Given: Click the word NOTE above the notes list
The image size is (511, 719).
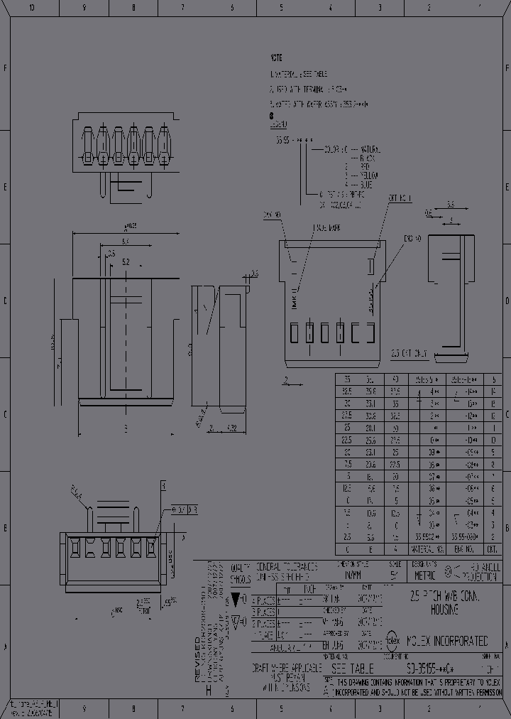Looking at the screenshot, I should (275, 57).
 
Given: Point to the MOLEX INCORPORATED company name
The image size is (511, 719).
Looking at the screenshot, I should (447, 641).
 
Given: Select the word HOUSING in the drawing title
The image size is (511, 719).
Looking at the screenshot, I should (444, 610).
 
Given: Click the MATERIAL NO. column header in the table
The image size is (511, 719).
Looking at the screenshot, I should (427, 549).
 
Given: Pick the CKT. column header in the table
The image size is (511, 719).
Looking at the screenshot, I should (493, 549).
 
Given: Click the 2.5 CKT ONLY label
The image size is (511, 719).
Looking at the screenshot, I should (410, 352).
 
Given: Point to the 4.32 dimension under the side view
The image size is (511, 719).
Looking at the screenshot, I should (231, 428).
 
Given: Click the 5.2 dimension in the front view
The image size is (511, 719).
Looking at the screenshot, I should (126, 262).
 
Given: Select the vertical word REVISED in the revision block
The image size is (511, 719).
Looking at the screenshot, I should (198, 660).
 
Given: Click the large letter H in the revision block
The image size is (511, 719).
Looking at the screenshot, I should (208, 689).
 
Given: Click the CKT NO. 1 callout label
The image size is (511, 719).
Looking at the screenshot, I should (400, 198).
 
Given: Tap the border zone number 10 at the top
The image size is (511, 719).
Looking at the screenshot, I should (31, 8).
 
